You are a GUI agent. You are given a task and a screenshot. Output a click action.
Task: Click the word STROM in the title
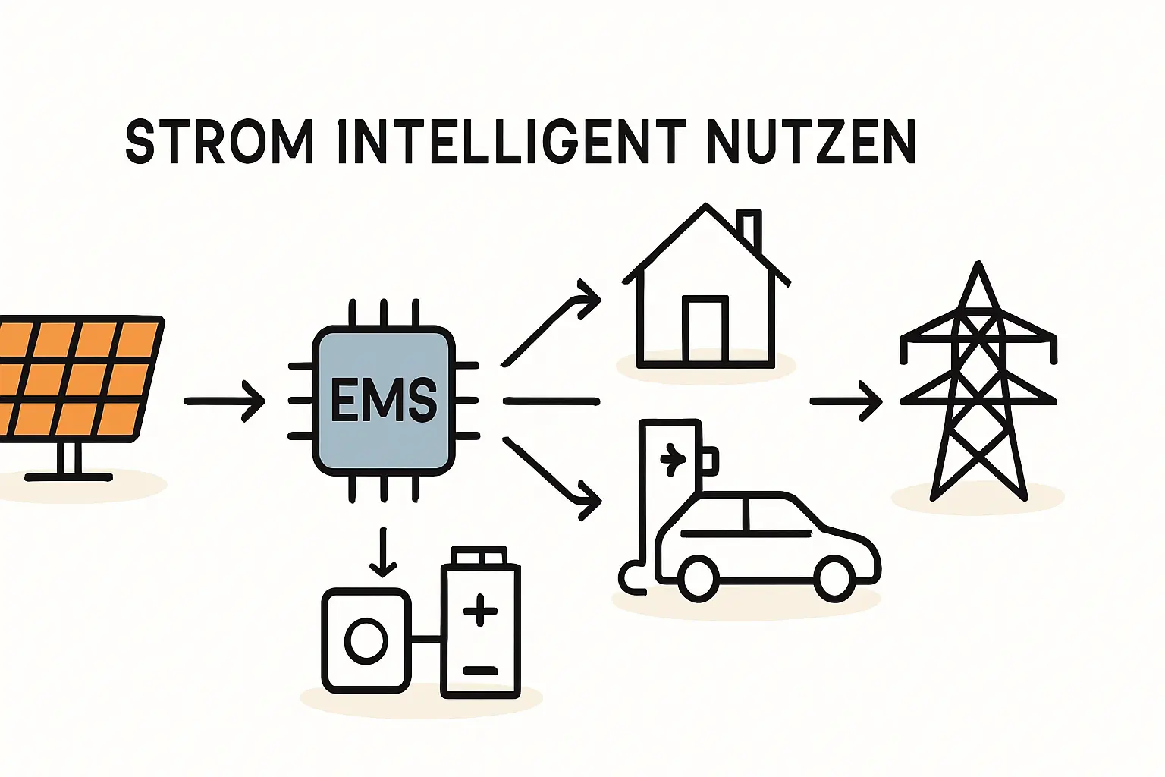218,142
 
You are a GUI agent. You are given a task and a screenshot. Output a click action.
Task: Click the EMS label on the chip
384,400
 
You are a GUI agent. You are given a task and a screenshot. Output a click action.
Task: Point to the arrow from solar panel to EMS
225,400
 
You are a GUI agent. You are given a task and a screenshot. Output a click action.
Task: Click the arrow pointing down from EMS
383,552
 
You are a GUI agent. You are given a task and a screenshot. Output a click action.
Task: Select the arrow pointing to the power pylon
846,400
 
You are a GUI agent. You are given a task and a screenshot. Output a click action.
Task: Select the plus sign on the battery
479,611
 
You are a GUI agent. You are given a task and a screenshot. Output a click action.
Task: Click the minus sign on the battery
479,671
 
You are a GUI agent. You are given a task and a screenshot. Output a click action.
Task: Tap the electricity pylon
978,387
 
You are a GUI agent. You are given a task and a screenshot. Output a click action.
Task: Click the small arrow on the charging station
672,458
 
